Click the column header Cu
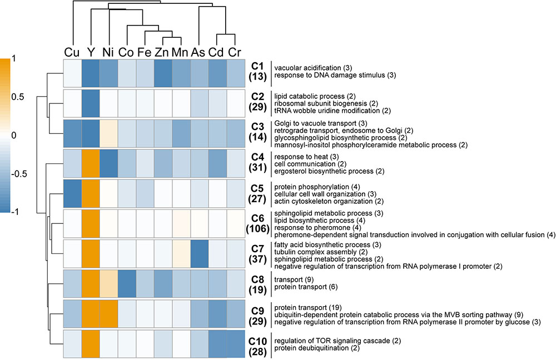click(72, 52)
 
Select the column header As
click(198, 52)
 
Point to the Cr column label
click(235, 52)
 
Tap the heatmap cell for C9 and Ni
click(108, 314)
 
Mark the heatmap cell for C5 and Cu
click(72, 194)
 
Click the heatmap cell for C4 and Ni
click(108, 163)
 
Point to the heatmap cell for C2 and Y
click(90, 103)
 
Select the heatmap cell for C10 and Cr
click(235, 345)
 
